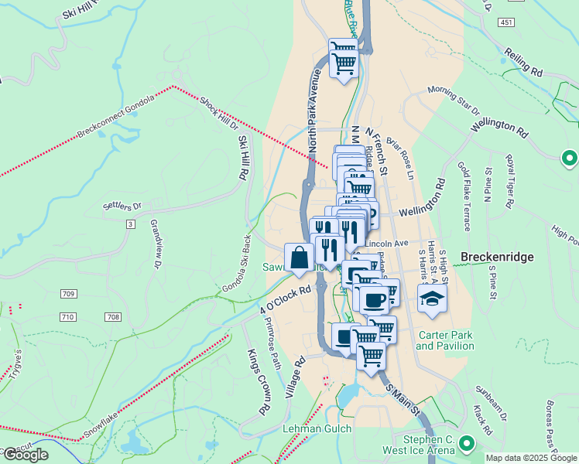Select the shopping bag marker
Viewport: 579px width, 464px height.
(x=299, y=258)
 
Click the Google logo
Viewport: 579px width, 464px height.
(x=26, y=455)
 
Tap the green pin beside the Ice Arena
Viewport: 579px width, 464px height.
(x=466, y=444)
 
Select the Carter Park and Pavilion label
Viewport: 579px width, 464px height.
(x=445, y=340)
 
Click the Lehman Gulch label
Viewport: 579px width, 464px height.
(x=317, y=428)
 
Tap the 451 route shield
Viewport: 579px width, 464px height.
(x=506, y=23)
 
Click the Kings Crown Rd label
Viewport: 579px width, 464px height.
(x=258, y=381)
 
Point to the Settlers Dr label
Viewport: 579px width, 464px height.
(x=122, y=206)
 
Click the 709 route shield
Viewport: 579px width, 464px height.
(x=69, y=294)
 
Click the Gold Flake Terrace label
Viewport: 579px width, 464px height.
(x=464, y=196)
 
